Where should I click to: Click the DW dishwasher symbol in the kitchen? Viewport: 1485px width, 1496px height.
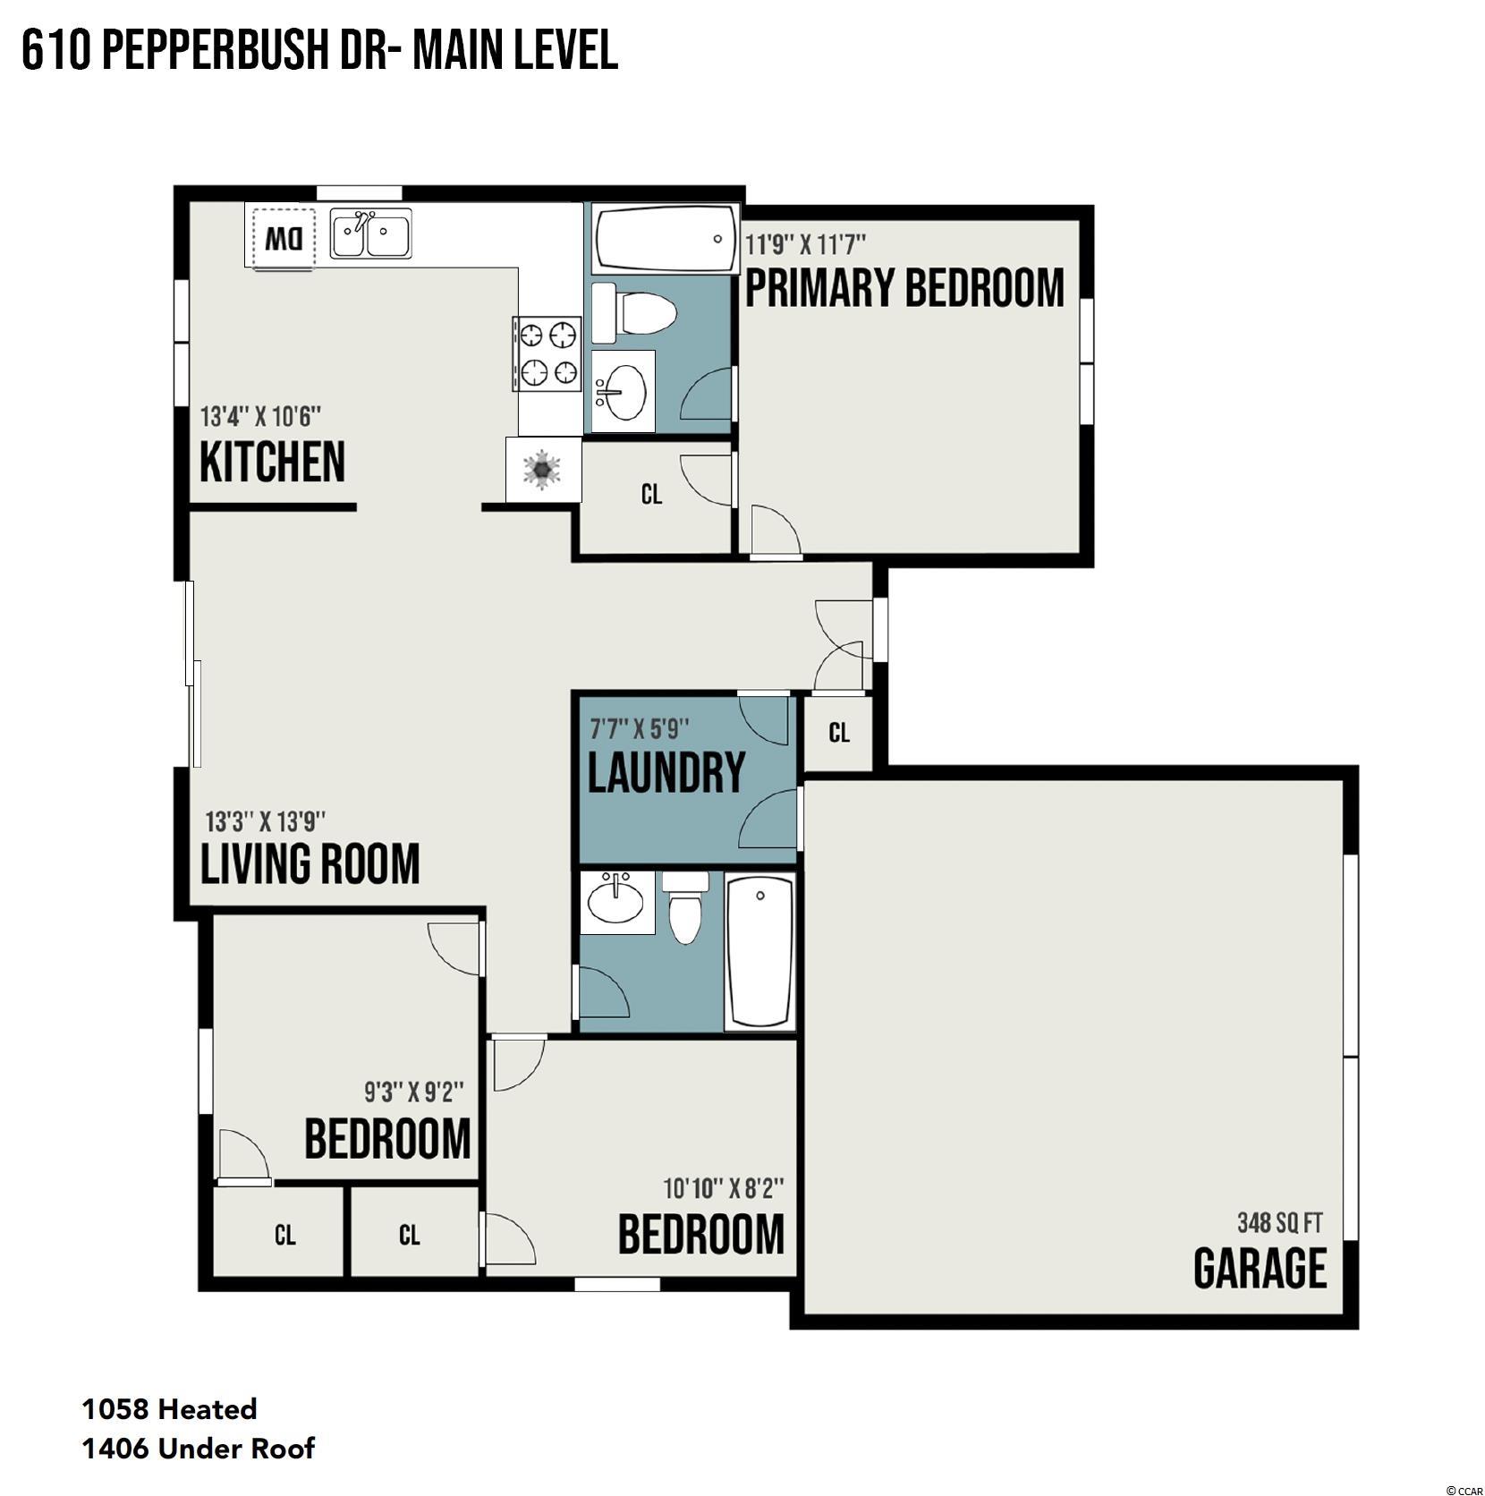pos(284,239)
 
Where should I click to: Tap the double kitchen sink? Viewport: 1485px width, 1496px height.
pos(371,234)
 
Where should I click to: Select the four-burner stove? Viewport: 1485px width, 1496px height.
pos(547,354)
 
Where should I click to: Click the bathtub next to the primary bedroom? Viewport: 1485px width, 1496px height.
pos(666,240)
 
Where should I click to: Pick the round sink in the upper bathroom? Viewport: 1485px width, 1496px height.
pos(623,392)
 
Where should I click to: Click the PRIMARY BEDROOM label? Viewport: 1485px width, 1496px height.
pos(904,288)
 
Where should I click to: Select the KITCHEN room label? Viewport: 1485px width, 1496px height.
pos(272,462)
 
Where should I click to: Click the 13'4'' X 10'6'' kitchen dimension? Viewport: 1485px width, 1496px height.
pos(260,417)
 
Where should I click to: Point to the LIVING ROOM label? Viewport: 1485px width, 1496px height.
pos(310,863)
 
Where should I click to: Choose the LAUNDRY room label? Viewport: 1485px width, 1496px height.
pos(666,772)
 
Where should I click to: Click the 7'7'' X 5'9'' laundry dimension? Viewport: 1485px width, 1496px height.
pos(640,729)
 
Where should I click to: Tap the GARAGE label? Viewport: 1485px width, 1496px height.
pos(1260,1268)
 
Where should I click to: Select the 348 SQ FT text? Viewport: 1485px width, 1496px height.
pos(1279,1222)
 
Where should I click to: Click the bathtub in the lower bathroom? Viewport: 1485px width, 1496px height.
pos(759,952)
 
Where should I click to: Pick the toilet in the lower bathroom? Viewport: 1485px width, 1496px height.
pos(686,908)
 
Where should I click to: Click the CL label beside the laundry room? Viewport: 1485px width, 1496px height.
pos(839,733)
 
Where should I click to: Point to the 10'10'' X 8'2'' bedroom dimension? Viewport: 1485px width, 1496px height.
pos(724,1188)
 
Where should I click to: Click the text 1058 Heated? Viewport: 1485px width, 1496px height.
pos(170,1409)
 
